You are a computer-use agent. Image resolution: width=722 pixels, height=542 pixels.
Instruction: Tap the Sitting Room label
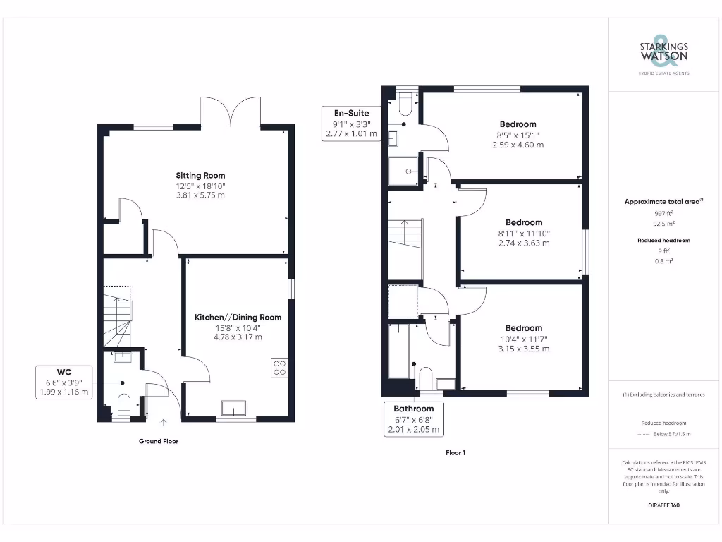pyautogui.click(x=201, y=176)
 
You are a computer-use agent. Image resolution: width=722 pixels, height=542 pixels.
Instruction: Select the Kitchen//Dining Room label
pyautogui.click(x=238, y=318)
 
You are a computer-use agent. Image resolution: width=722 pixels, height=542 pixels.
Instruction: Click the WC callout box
pyautogui.click(x=64, y=381)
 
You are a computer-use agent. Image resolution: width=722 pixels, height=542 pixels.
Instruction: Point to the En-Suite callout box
pyautogui.click(x=351, y=123)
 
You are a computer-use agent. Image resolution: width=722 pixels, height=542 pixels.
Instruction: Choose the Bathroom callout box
pyautogui.click(x=413, y=418)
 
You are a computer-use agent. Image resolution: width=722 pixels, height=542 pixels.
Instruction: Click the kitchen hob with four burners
pyautogui.click(x=279, y=368)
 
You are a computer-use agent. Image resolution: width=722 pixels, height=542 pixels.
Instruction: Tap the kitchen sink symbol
pyautogui.click(x=233, y=409)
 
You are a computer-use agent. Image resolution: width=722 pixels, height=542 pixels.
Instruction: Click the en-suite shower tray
pyautogui.click(x=403, y=171)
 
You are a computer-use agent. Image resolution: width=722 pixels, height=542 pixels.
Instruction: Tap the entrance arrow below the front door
pyautogui.click(x=164, y=423)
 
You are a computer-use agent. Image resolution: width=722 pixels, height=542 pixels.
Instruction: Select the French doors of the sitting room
pyautogui.click(x=231, y=111)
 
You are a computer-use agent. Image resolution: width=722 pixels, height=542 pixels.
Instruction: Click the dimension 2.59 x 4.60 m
pyautogui.click(x=518, y=145)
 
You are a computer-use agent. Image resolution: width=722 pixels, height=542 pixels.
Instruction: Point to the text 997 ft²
pyautogui.click(x=663, y=212)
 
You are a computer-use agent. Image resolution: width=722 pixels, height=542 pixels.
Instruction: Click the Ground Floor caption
pyautogui.click(x=158, y=441)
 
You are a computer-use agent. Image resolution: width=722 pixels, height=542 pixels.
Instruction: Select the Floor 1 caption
pyautogui.click(x=455, y=452)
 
